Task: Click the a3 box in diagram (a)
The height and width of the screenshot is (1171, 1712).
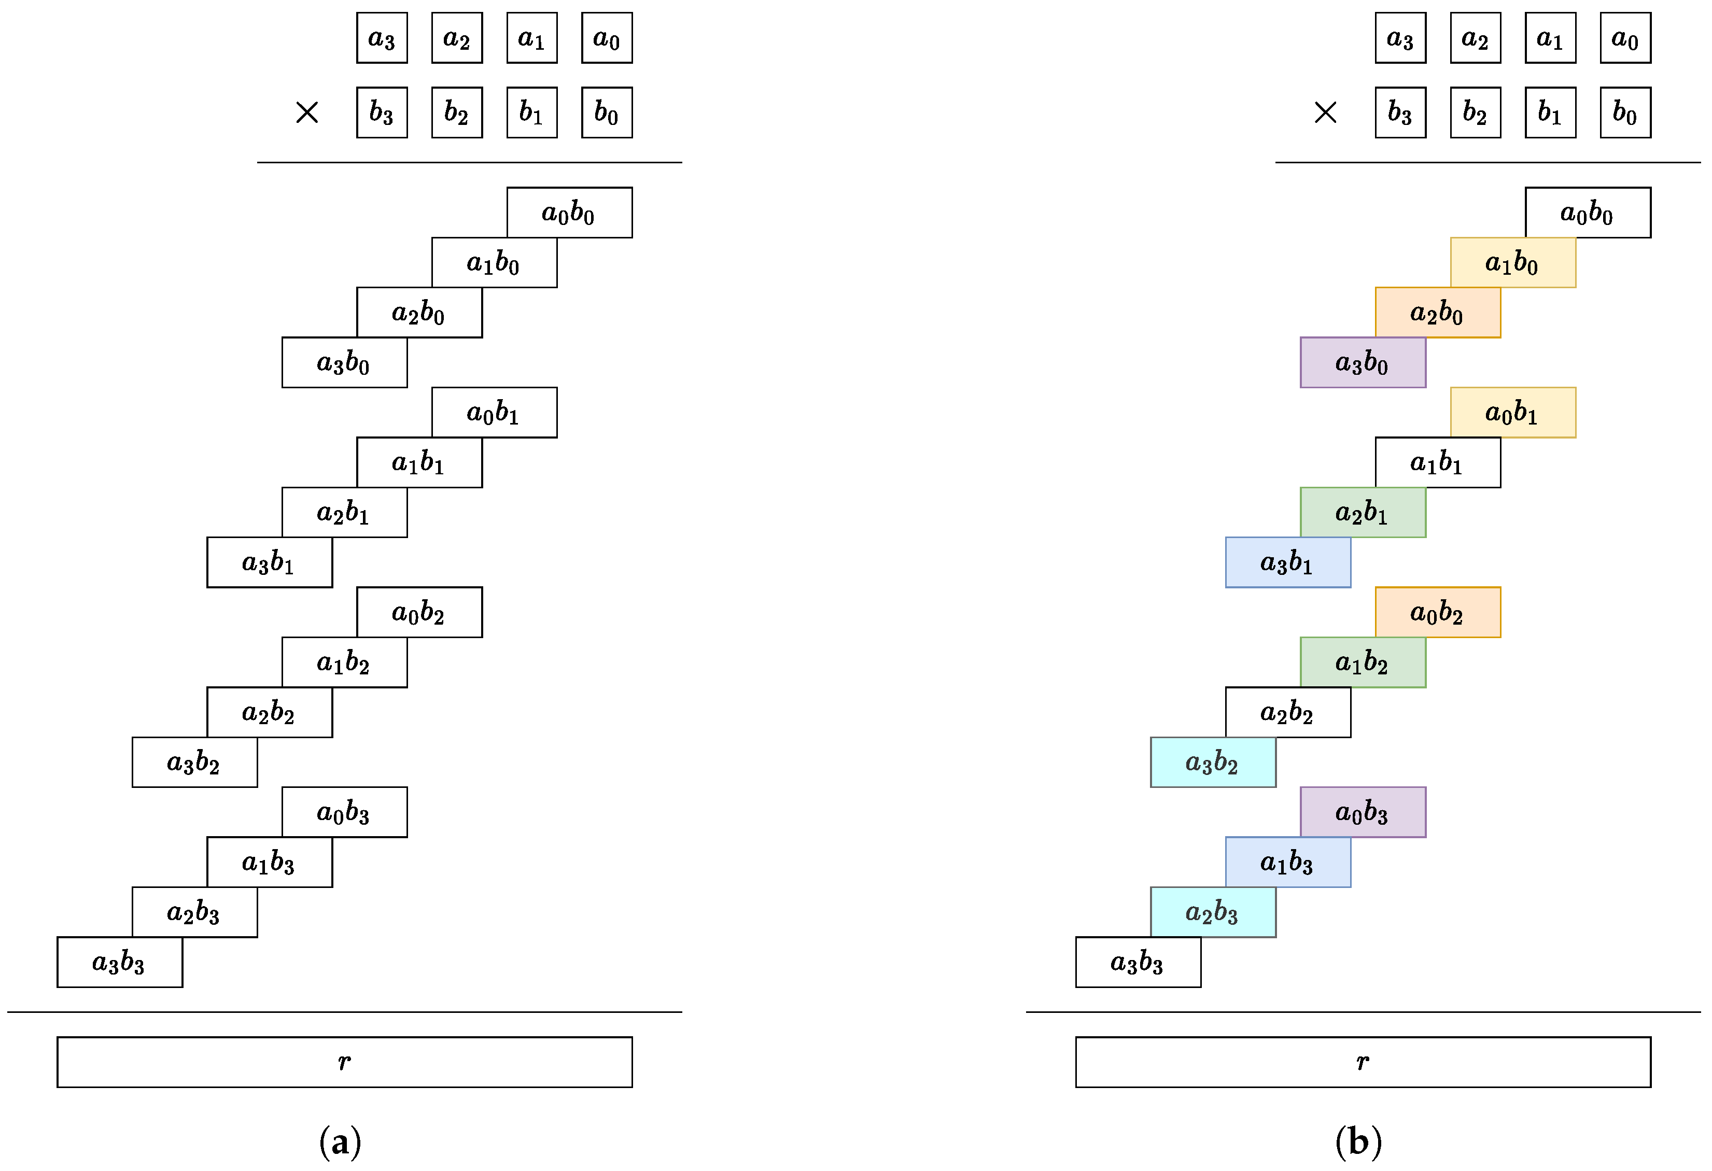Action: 382,37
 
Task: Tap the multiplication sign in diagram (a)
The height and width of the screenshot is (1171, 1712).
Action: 306,112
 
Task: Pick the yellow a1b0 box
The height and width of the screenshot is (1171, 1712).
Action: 1512,262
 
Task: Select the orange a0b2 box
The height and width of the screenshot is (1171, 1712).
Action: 1437,612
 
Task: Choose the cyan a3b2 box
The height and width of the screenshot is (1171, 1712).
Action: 1213,762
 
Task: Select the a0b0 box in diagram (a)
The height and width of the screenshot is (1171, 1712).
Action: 569,213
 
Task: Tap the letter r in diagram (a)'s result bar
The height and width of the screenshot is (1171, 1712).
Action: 344,1061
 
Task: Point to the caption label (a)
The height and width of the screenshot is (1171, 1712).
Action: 340,1141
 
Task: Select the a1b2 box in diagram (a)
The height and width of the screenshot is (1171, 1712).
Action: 344,662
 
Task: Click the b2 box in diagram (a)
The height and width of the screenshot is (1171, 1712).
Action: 457,112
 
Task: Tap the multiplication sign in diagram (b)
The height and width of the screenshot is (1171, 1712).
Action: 1325,112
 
